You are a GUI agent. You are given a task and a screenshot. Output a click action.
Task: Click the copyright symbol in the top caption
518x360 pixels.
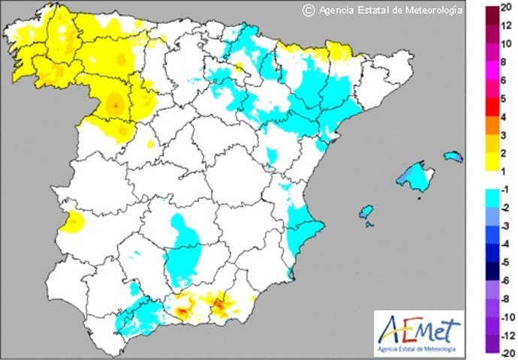307,10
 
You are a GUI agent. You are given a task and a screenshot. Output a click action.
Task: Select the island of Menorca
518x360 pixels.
453,156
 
